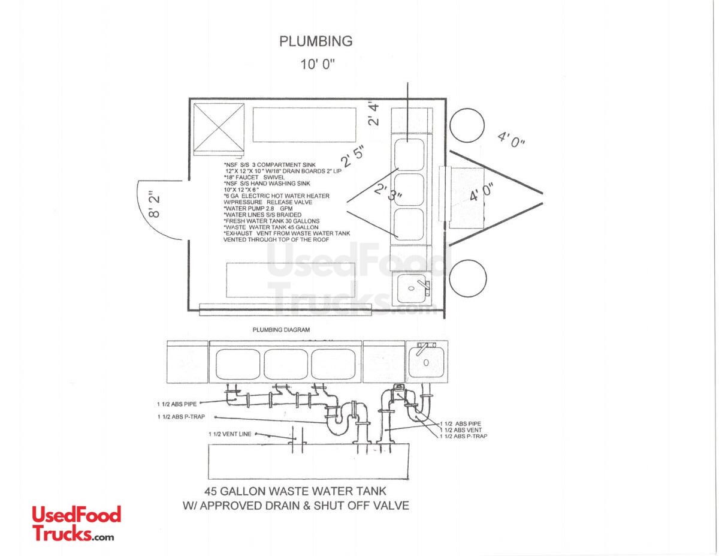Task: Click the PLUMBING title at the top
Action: [316, 41]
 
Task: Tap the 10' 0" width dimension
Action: [318, 64]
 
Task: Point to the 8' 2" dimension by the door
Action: [154, 204]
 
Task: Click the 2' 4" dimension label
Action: [373, 115]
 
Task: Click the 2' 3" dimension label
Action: [388, 192]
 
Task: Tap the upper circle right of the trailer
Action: [467, 125]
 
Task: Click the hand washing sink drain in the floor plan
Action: [411, 288]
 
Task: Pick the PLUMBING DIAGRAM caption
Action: [281, 330]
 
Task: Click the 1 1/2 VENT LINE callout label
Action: [230, 434]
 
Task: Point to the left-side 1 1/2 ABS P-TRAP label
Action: [182, 417]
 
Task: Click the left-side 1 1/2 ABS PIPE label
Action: [177, 404]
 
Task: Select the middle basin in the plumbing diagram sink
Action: [286, 364]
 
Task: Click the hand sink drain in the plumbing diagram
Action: [426, 363]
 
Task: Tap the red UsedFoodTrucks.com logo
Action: [77, 524]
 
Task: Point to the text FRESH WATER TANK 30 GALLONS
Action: [271, 221]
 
